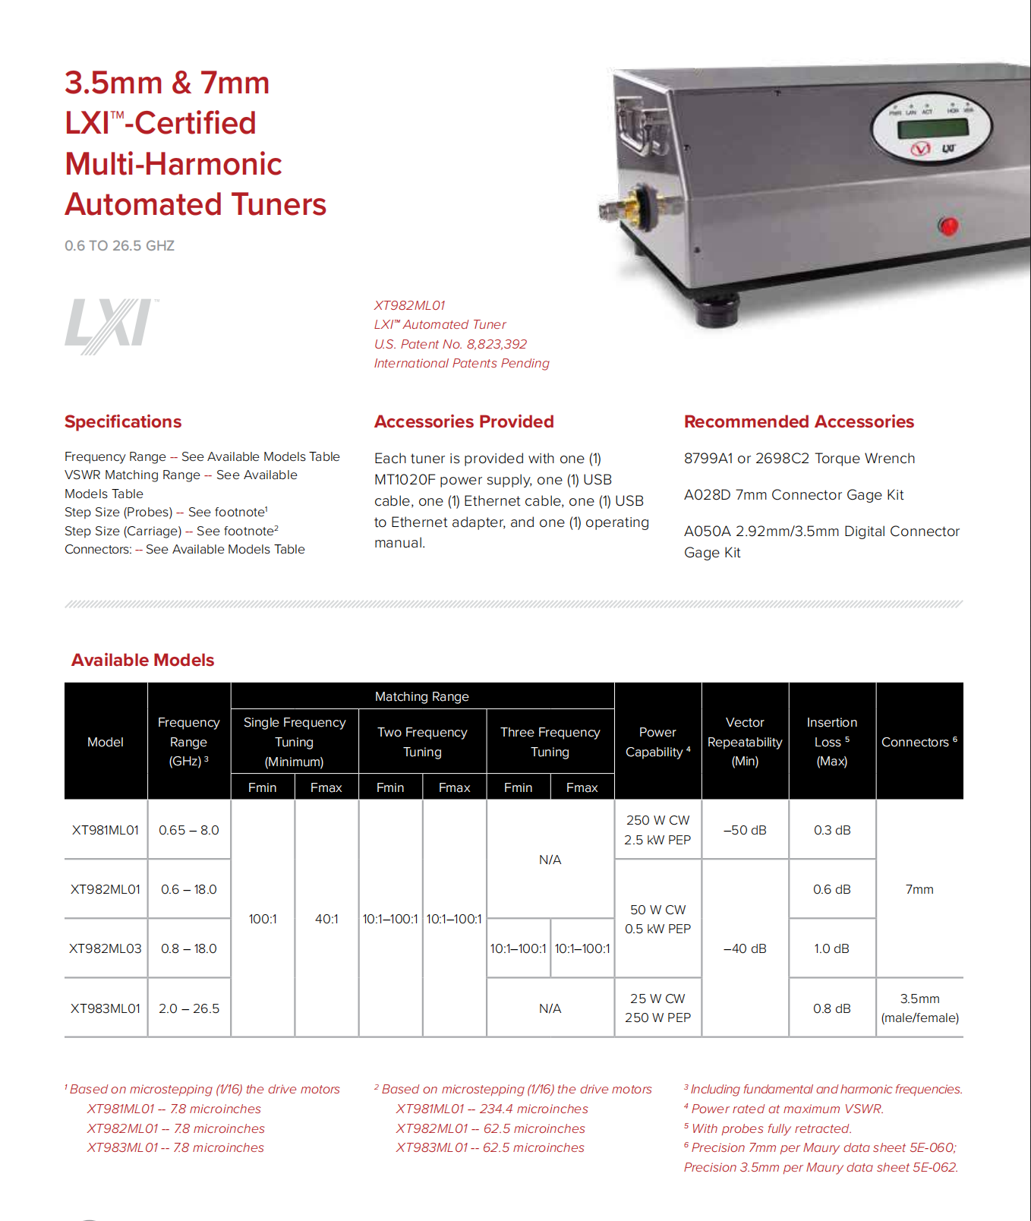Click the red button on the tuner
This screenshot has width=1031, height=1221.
[x=948, y=226]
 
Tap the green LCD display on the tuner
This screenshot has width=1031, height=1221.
[x=932, y=127]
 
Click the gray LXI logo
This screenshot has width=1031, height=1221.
[x=111, y=326]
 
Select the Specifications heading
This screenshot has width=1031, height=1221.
[x=123, y=421]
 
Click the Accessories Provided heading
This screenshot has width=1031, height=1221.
[x=464, y=421]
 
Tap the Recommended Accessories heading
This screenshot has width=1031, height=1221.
[x=799, y=421]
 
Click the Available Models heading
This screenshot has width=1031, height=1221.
[x=143, y=660]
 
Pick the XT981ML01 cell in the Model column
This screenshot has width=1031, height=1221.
[x=106, y=830]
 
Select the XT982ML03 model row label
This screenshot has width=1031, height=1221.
[x=106, y=948]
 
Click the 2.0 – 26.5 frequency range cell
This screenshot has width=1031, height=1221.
[x=189, y=1008]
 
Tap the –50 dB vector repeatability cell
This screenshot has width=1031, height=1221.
[x=745, y=830]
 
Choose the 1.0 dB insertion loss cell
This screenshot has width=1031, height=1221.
[x=831, y=948]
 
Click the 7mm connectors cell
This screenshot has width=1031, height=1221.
[x=919, y=889]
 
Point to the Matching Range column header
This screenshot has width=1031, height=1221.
[x=422, y=696]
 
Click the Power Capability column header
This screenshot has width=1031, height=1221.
[x=657, y=742]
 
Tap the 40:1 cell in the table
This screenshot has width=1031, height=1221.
[x=326, y=919]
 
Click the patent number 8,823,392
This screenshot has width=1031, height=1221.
[x=497, y=344]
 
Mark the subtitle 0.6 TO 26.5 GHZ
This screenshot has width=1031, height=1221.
[x=120, y=246]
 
